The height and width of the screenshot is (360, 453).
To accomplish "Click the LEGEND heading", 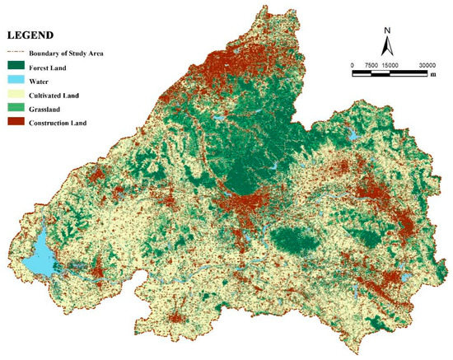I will (x=30, y=35).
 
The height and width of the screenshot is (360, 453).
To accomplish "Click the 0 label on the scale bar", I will (x=353, y=65).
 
